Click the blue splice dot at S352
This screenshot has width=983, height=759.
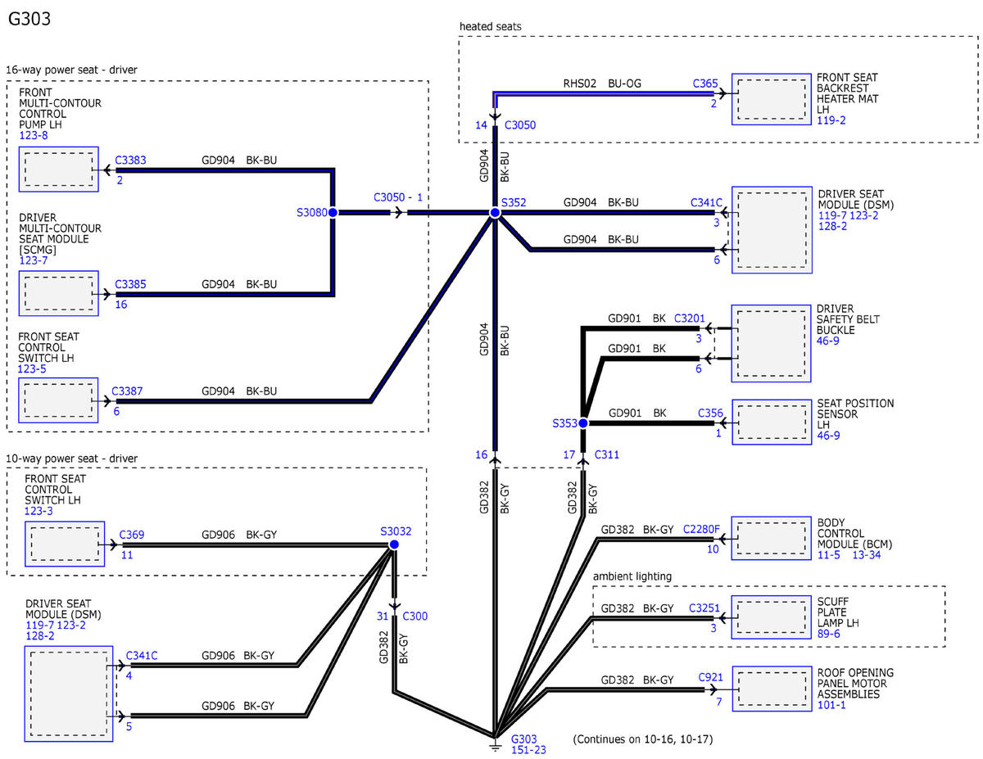coord(495,212)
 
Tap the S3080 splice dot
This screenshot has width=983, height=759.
coord(333,212)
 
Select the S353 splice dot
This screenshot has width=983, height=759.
coord(583,423)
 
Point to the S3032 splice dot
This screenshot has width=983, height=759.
coord(394,544)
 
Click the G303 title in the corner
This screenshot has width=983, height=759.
coord(29,19)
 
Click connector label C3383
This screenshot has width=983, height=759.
coord(130,160)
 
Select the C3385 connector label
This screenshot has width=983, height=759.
coord(130,284)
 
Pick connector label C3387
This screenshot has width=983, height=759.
coord(127,391)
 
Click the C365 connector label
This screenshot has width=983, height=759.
coord(705,84)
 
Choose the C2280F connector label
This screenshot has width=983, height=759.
coord(701,529)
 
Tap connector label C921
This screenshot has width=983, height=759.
coord(711,677)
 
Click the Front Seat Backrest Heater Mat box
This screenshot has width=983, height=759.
coord(772,99)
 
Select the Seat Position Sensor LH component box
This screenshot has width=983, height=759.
coord(772,422)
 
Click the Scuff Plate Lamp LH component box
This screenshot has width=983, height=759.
coord(772,617)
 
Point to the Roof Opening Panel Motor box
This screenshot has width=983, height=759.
coord(772,689)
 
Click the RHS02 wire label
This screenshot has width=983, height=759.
coord(579,84)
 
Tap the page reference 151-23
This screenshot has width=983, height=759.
coord(528,750)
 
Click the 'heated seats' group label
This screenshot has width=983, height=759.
coord(491,27)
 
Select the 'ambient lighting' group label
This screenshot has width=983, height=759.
coord(632,576)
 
